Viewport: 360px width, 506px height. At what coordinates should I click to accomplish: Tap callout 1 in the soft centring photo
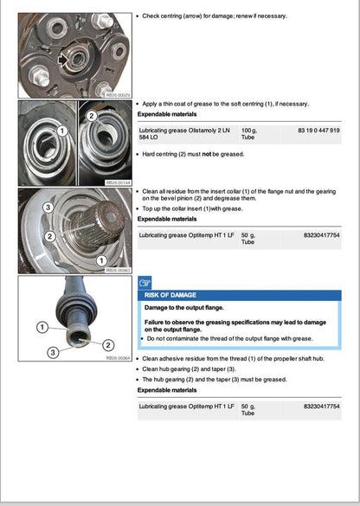(x=61, y=131)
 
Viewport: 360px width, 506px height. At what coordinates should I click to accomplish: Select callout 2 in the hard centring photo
(x=92, y=114)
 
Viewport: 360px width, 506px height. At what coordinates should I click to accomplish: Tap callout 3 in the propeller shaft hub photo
(x=55, y=352)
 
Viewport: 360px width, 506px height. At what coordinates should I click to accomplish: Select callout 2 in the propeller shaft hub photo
(x=108, y=345)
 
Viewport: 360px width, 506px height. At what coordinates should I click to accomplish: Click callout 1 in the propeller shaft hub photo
(x=42, y=327)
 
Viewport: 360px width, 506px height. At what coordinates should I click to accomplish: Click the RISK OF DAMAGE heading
(x=172, y=295)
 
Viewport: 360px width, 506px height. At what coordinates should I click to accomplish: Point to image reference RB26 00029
(x=117, y=95)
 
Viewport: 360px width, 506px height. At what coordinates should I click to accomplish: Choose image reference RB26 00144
(x=117, y=183)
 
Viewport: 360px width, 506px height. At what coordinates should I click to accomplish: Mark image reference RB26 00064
(x=117, y=356)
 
